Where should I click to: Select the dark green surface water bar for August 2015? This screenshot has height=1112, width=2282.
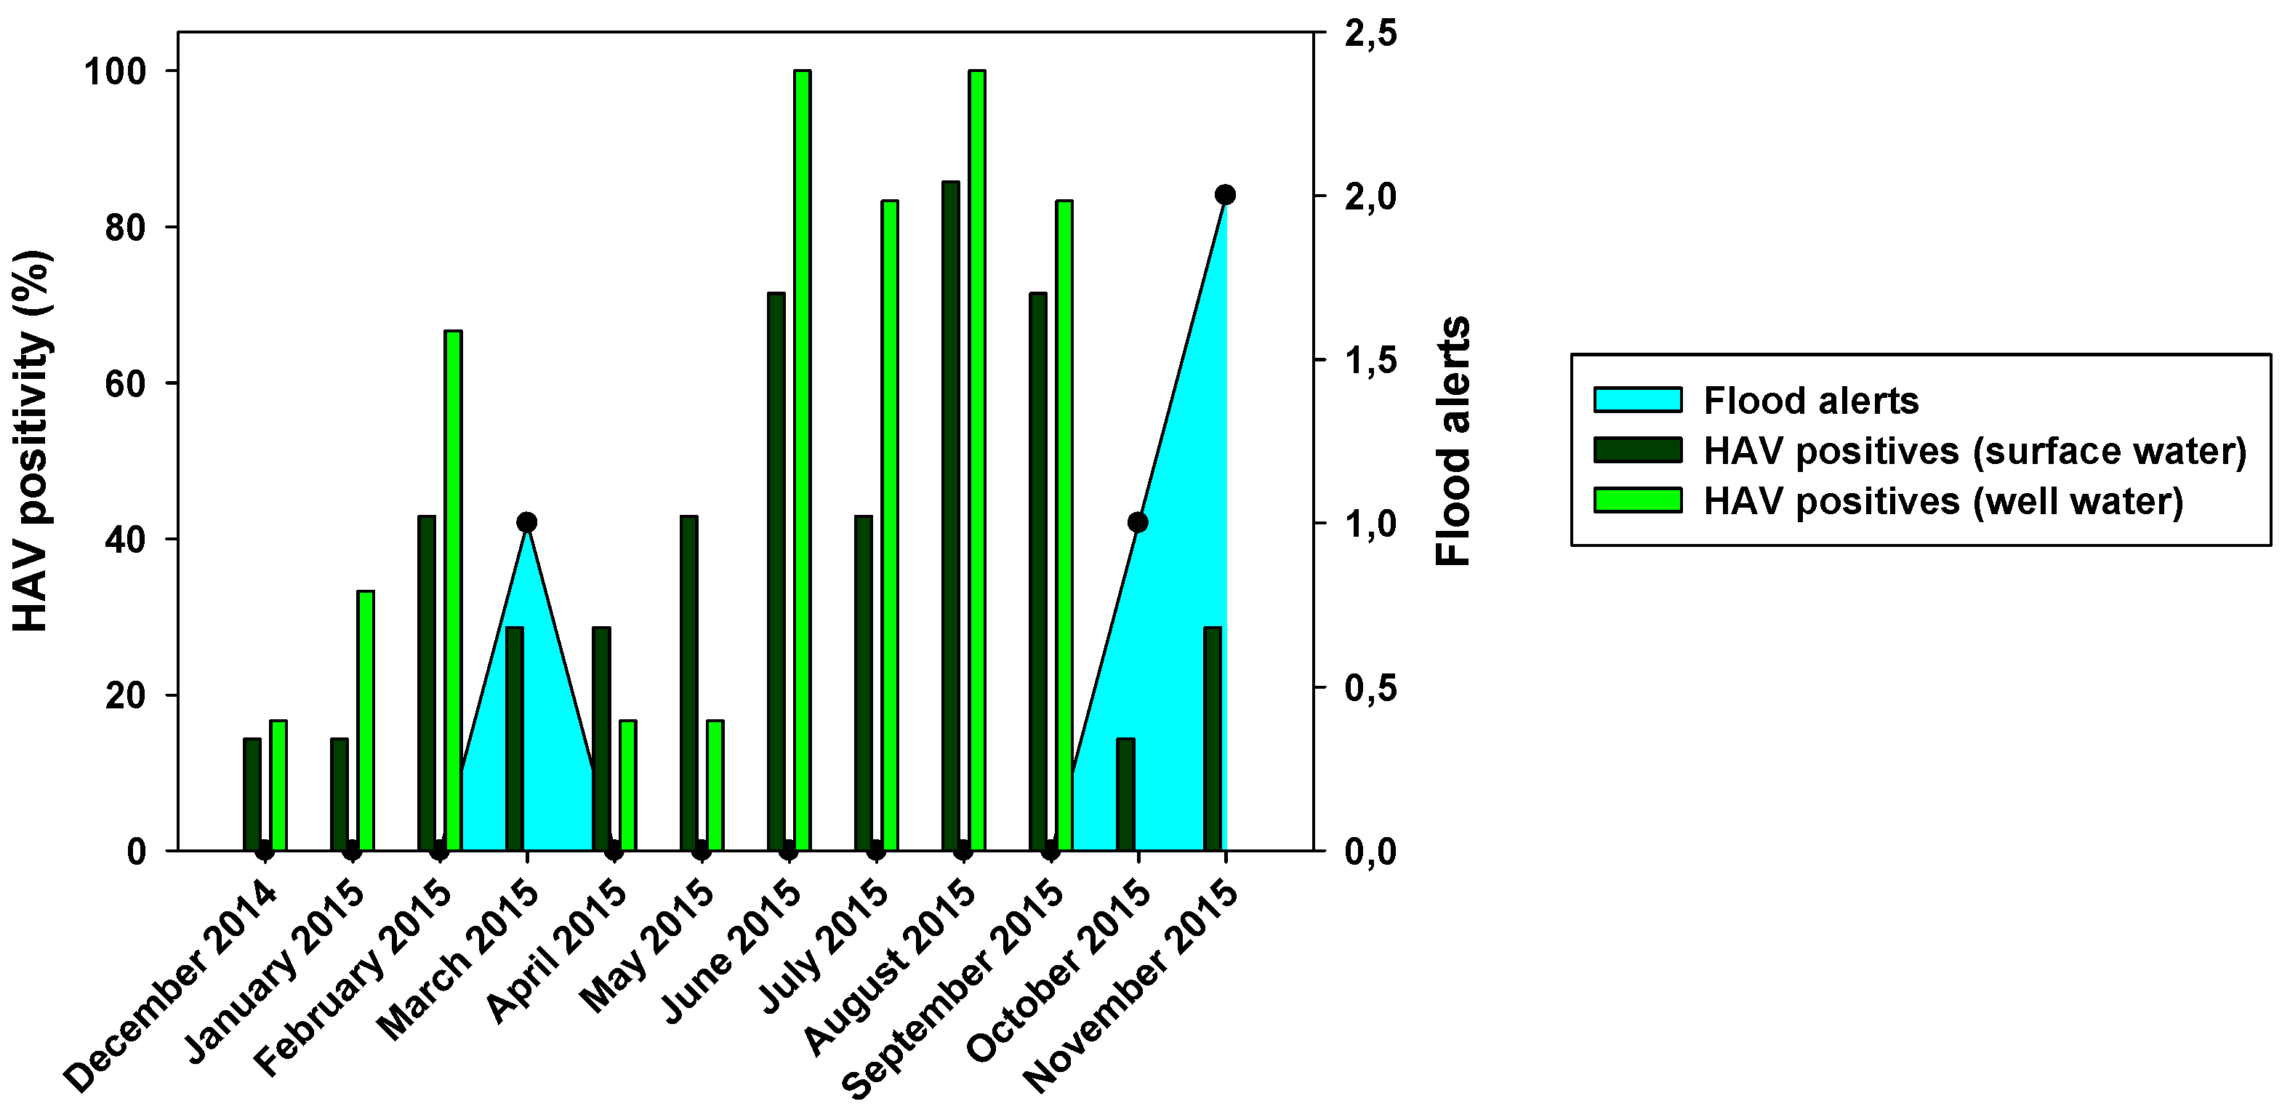click(951, 514)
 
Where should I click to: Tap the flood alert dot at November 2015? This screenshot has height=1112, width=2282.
click(1225, 195)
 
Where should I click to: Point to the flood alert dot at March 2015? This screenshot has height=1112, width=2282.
click(526, 522)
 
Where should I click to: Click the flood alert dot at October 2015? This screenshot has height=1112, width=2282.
click(1138, 523)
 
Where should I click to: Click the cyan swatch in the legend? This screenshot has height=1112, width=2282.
click(1637, 399)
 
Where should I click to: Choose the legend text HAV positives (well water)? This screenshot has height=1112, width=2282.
click(1942, 502)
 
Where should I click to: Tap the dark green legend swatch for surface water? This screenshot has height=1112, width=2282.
click(1637, 450)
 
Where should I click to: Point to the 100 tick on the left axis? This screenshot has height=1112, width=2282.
click(114, 72)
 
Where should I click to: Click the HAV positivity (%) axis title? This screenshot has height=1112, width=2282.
click(32, 441)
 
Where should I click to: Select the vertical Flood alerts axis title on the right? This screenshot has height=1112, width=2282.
click(1453, 441)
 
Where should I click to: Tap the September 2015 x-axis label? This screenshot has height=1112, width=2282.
click(952, 988)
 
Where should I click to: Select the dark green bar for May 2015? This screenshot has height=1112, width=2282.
click(688, 682)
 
